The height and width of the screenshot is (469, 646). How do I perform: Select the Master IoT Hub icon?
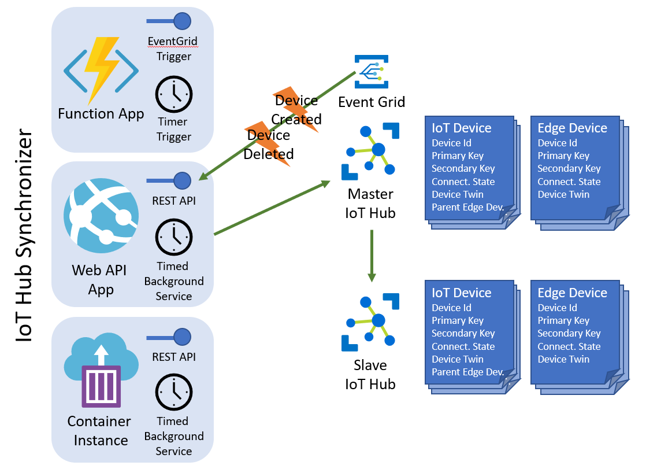pyautogui.click(x=370, y=151)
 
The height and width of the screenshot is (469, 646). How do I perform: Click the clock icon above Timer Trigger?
pyautogui.click(x=173, y=95)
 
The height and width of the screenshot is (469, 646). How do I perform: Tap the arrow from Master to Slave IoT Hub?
pyautogui.click(x=372, y=255)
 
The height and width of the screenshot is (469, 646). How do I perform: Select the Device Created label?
pyautogui.click(x=297, y=110)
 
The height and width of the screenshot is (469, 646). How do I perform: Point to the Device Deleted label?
pyautogui.click(x=269, y=145)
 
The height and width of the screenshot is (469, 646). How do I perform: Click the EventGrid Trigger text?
pyautogui.click(x=173, y=49)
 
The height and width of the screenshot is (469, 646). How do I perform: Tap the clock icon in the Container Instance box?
pyautogui.click(x=173, y=393)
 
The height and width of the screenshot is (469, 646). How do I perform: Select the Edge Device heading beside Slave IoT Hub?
pyautogui.click(x=572, y=293)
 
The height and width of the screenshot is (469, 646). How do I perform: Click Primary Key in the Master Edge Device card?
pyautogui.click(x=563, y=156)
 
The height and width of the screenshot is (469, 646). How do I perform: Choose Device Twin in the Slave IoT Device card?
pyautogui.click(x=458, y=359)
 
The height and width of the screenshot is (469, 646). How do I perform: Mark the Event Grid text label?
pyautogui.click(x=372, y=102)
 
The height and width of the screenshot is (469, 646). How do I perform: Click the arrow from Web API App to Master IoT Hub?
pyautogui.click(x=272, y=208)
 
